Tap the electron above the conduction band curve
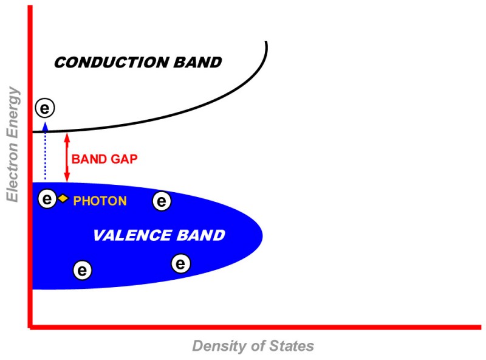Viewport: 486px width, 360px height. tap(45, 108)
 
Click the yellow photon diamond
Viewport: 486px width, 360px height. tap(63, 198)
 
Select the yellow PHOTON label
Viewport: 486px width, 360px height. tap(100, 201)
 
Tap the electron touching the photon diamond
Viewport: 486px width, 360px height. tap(47, 198)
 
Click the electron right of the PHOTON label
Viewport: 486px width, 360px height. tap(162, 201)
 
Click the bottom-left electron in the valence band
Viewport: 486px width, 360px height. tap(83, 269)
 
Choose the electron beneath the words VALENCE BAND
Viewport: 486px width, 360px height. tap(180, 264)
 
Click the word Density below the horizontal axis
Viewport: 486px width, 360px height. tap(217, 346)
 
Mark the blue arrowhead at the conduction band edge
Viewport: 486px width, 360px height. tap(45, 126)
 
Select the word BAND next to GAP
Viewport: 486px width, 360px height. tap(88, 159)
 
